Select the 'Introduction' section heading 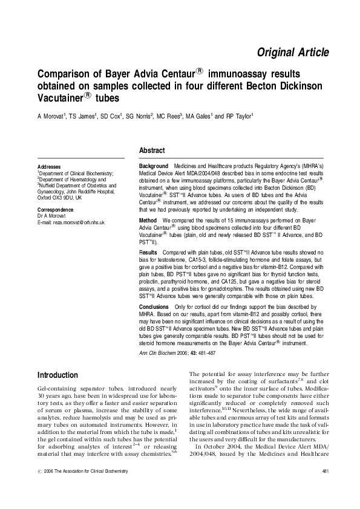click(x=57, y=375)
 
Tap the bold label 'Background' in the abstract click(x=154, y=166)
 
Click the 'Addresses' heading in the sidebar click(x=49, y=166)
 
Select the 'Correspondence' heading click(x=56, y=209)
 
